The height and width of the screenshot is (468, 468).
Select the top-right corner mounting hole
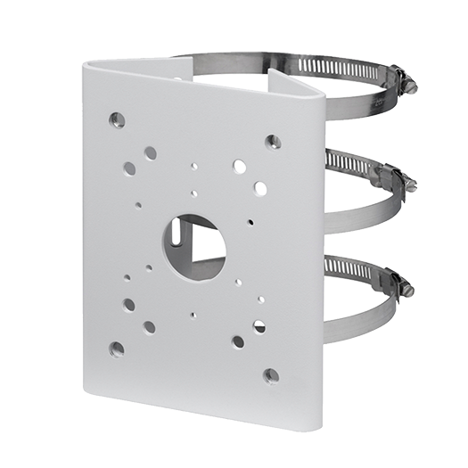pos(274,141)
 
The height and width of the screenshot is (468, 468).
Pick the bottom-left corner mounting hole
pos(117,348)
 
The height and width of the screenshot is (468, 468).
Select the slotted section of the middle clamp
pos(357,165)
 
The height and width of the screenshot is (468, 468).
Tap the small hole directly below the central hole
pos(193,314)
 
